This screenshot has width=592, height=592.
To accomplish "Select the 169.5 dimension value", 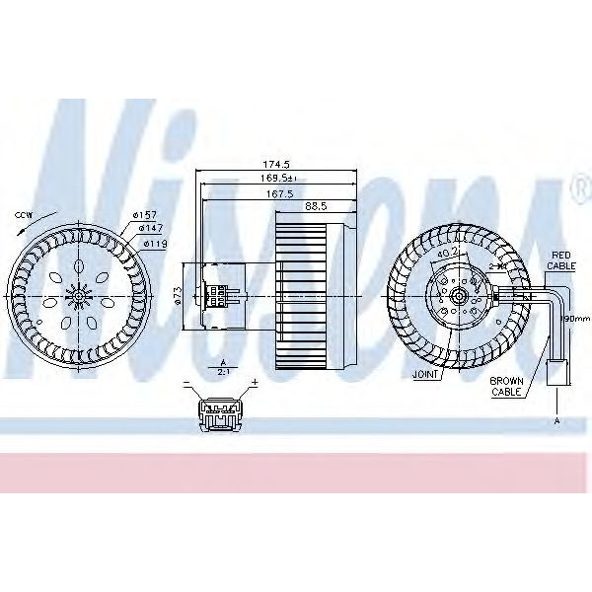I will tap(277, 178).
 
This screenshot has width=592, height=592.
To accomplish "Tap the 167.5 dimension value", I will tap(277, 193).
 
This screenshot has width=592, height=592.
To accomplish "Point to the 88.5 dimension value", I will tap(316, 206).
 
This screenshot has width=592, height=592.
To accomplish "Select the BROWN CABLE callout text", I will tap(507, 386).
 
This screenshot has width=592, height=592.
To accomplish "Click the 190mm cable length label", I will tap(574, 319).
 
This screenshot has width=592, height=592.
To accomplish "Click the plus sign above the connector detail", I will tap(254, 382).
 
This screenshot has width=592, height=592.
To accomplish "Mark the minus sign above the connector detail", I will tap(186, 382).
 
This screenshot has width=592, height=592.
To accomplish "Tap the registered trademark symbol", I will tap(576, 185).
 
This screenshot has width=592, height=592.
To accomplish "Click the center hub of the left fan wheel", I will tap(78, 295).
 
